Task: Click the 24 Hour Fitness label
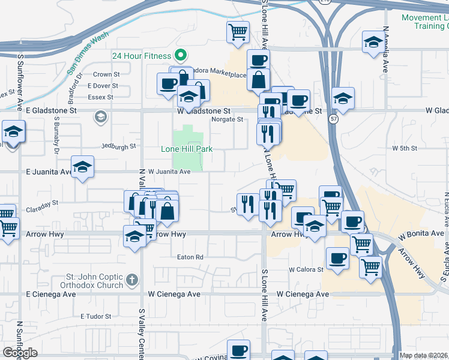pyautogui.click(x=142, y=56)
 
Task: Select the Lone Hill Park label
pyautogui.click(x=187, y=149)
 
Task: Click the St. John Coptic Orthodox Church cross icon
pyautogui.click(x=132, y=280)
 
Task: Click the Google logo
pyautogui.click(x=20, y=353)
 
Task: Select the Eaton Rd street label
pyautogui.click(x=190, y=257)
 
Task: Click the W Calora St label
pyautogui.click(x=306, y=269)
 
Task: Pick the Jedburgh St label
pyautogui.click(x=119, y=146)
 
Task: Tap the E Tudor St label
pyautogui.click(x=96, y=316)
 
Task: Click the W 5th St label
pyautogui.click(x=405, y=148)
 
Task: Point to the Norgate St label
pyautogui.click(x=227, y=119)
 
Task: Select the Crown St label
pyautogui.click(x=107, y=75)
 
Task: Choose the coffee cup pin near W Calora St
pyautogui.click(x=337, y=259)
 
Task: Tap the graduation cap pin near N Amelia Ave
pyautogui.click(x=373, y=42)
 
